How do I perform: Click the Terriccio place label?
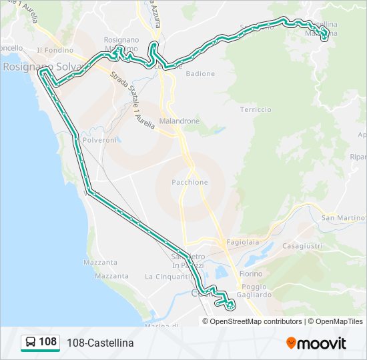[x=256, y=109]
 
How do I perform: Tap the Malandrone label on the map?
[x=179, y=122]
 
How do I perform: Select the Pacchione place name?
[x=190, y=182]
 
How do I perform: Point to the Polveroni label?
[x=100, y=140]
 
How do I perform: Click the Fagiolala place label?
[x=242, y=243]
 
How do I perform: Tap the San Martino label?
[x=343, y=218]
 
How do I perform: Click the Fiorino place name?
[x=251, y=273]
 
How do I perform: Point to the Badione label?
[x=200, y=74]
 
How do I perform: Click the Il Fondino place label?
[x=55, y=50]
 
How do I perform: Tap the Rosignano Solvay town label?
[x=41, y=67]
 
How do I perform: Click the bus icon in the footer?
[x=31, y=343]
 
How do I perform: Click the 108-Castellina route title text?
[x=100, y=343]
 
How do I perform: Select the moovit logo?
[x=316, y=343]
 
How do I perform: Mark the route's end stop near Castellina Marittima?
[x=324, y=37]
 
